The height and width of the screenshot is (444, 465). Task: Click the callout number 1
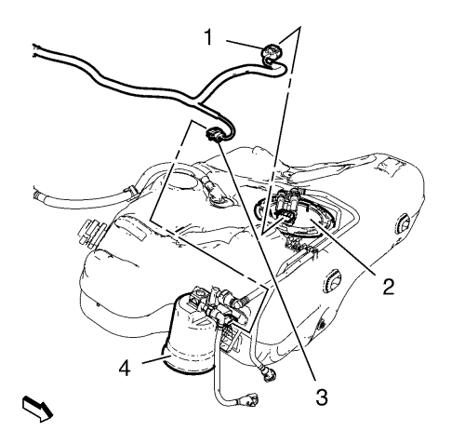(x=209, y=37)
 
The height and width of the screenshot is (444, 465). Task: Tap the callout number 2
(x=388, y=287)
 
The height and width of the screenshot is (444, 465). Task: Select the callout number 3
(x=322, y=397)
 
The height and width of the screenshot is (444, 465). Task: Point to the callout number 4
(x=125, y=368)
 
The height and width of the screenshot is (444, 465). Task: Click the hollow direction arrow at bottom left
(x=37, y=409)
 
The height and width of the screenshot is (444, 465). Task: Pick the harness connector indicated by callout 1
(x=272, y=54)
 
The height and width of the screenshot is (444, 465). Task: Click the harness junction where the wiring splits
(x=196, y=100)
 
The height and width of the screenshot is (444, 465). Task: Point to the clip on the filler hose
(x=130, y=190)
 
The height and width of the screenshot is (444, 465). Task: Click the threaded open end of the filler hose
(x=37, y=193)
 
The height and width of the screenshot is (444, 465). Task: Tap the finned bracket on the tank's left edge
(x=90, y=232)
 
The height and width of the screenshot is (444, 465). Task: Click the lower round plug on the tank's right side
(x=332, y=281)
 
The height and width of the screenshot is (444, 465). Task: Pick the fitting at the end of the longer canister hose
(x=250, y=399)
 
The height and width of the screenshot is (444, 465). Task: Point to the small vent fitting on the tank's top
(x=215, y=192)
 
